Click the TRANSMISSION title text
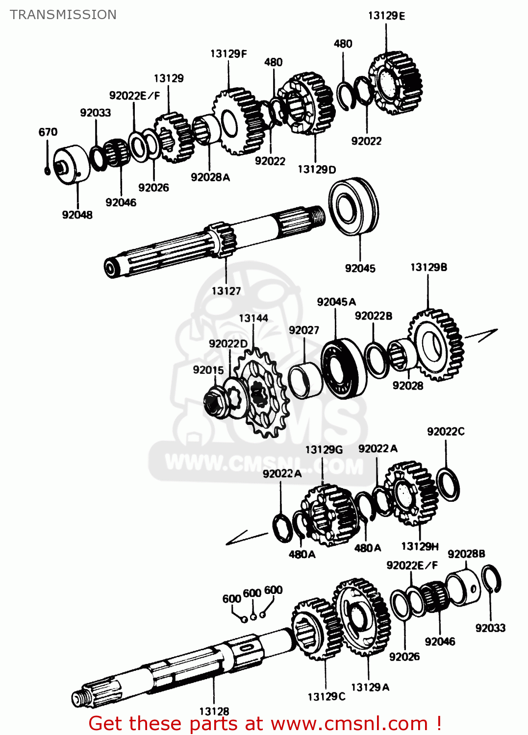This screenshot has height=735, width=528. [x=63, y=15]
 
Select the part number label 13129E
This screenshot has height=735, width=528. [x=386, y=16]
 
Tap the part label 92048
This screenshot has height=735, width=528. [x=77, y=215]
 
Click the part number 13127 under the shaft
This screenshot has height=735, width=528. [x=226, y=291]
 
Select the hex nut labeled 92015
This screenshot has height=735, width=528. [x=215, y=402]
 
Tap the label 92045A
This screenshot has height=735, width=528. [x=336, y=302]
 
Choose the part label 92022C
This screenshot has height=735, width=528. [x=446, y=432]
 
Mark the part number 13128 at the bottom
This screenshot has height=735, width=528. [x=214, y=711]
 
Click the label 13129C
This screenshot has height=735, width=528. [x=327, y=696]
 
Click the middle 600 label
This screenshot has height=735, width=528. [x=252, y=593]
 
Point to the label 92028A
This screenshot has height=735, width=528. [x=210, y=177]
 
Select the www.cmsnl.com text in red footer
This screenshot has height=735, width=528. [x=350, y=724]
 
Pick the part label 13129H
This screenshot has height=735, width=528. [x=420, y=546]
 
